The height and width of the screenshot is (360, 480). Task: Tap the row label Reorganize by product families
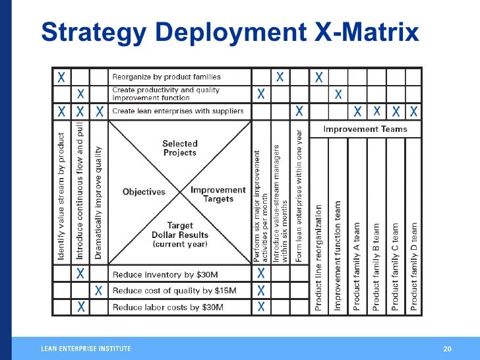pos(166,77)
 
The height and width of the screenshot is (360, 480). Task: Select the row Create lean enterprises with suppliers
pos(177,111)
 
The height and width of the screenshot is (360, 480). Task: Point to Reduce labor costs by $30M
pos(167,307)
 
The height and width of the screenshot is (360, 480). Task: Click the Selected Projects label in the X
pos(179,148)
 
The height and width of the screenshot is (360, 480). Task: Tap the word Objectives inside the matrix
pos(144,192)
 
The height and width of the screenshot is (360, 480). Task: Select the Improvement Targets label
pos(218,194)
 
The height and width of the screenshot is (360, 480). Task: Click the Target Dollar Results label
pos(180,234)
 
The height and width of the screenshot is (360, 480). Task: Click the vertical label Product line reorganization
pos(318,257)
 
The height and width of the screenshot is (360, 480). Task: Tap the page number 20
pos(447,348)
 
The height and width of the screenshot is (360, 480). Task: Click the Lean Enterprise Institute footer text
pos(86,348)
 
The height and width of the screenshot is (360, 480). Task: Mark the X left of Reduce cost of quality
pos(98,290)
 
